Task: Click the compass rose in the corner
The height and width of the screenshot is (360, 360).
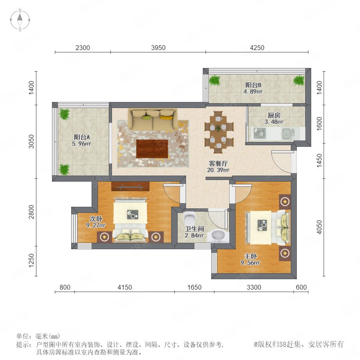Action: (x=20, y=20)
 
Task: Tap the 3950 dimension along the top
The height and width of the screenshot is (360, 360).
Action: (x=158, y=48)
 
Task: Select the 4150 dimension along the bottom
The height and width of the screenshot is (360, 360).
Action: (x=125, y=287)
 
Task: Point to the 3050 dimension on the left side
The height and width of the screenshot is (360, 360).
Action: (x=31, y=142)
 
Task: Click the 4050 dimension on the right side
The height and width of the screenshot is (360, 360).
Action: (x=319, y=227)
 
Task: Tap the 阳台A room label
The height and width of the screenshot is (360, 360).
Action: (x=82, y=137)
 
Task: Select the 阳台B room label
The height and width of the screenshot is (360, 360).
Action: (x=253, y=85)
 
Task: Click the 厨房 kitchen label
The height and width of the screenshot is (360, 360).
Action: (x=274, y=115)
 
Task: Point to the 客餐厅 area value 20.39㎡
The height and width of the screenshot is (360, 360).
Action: (x=218, y=170)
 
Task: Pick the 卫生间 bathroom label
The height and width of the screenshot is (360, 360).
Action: (x=194, y=229)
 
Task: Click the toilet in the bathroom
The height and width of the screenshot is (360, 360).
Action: (x=190, y=219)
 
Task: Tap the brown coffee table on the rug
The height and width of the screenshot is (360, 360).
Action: (x=152, y=148)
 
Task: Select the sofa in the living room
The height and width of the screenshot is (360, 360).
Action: (x=153, y=119)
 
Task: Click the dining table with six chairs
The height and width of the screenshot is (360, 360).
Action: (x=218, y=132)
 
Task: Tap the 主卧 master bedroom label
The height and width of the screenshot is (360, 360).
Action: (x=250, y=256)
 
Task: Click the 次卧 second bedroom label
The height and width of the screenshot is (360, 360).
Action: (x=96, y=219)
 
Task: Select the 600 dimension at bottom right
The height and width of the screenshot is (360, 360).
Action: (x=301, y=287)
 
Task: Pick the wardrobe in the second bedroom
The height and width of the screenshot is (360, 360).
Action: (x=130, y=186)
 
